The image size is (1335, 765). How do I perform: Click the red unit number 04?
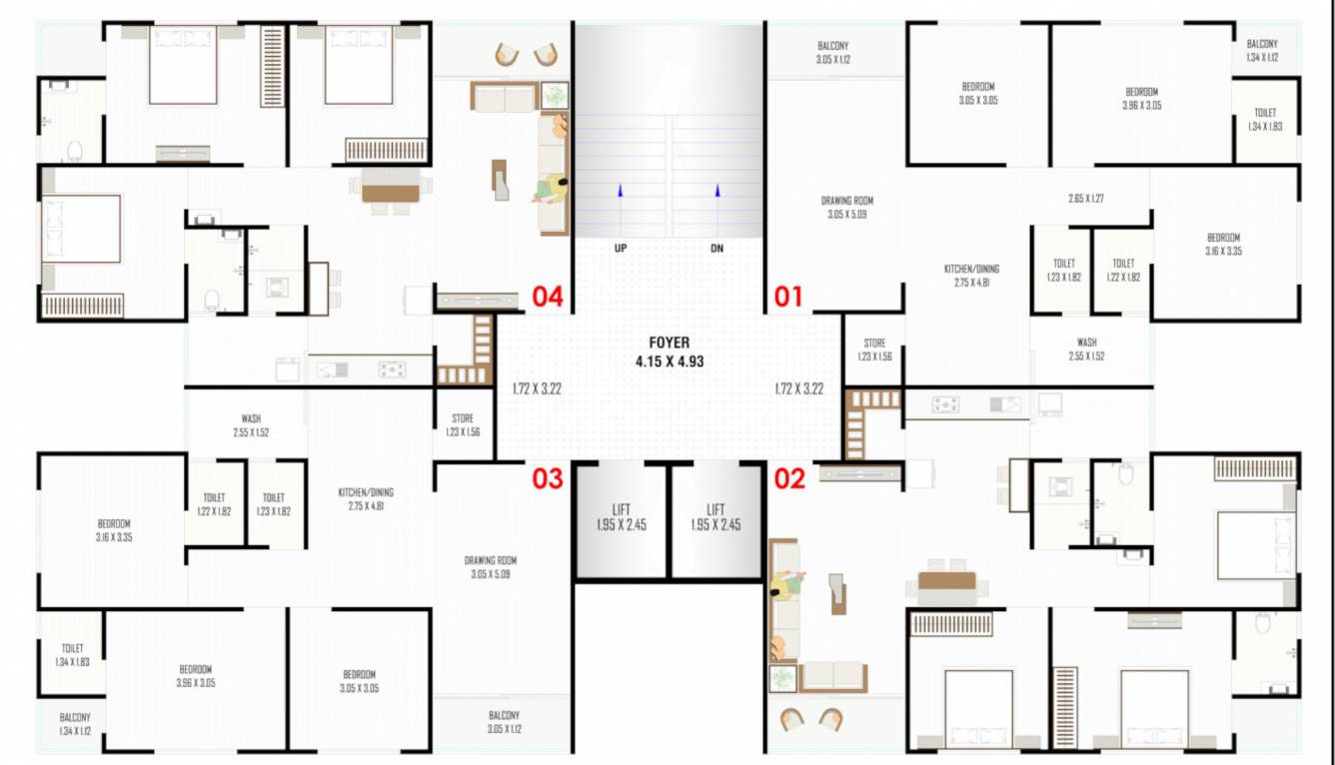click(548, 297)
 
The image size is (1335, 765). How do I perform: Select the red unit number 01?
click(788, 297)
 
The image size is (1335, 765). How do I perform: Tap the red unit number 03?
click(548, 479)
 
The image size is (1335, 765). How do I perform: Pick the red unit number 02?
click(788, 479)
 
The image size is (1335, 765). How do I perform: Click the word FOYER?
click(668, 343)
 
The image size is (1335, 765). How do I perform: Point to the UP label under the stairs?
click(621, 249)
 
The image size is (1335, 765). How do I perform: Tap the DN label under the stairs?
click(716, 249)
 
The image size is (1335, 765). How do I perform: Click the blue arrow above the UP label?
click(621, 190)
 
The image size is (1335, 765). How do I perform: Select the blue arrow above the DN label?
click(716, 190)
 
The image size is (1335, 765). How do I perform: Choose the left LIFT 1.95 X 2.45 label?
click(621, 517)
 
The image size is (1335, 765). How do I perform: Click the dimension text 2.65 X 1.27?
click(1085, 199)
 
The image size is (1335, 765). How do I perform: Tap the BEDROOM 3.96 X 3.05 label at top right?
click(1141, 98)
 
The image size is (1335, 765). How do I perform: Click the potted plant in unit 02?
click(781, 679)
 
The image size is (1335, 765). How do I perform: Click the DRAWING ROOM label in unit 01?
click(847, 207)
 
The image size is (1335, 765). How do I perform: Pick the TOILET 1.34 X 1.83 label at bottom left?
click(72, 655)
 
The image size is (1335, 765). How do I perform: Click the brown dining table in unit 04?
click(389, 193)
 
